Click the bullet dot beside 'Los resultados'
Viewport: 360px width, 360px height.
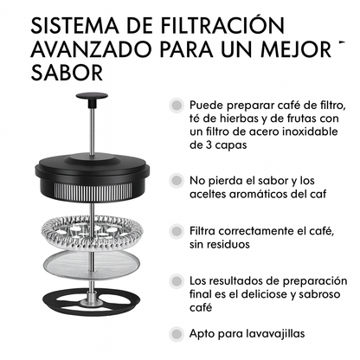click(x=177, y=281)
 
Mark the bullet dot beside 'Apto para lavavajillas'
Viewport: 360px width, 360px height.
click(x=177, y=331)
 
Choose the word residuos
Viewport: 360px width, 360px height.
click(x=228, y=245)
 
